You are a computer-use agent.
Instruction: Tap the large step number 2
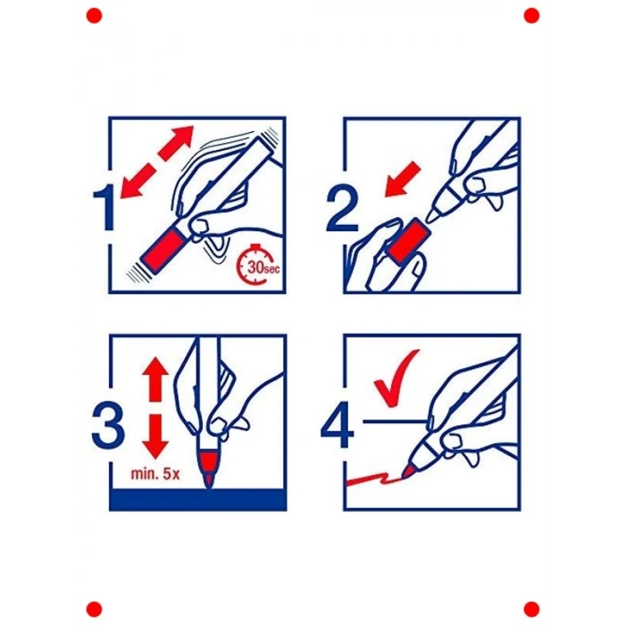point(342,210)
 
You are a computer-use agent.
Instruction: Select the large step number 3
point(108,426)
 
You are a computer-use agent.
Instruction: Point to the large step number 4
point(337,426)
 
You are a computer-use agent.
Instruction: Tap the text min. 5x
point(155,474)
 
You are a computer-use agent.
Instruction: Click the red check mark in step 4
point(396,379)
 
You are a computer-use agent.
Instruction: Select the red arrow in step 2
point(402,179)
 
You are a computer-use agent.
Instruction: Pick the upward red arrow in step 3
point(155,379)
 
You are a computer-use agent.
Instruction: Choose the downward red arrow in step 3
point(155,437)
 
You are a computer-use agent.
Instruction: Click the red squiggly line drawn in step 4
point(376,479)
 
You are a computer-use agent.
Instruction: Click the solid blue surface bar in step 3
point(197,499)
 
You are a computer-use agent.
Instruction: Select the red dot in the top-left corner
point(94,15)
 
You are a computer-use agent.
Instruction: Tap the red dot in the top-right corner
point(531,15)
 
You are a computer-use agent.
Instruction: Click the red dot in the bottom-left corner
point(94,609)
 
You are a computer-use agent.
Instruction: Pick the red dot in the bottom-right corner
point(531,609)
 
